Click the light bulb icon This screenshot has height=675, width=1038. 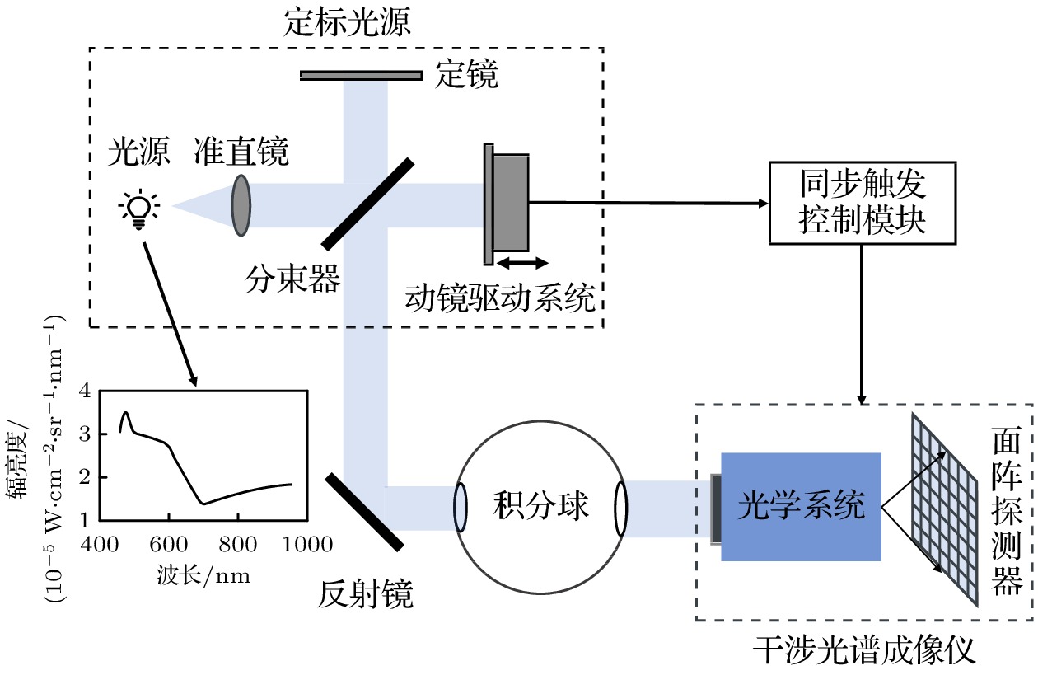coord(139,207)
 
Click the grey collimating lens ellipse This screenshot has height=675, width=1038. coord(241,204)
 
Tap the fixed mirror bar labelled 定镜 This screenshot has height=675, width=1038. coord(361,75)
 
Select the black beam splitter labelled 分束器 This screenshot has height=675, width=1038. coord(367,203)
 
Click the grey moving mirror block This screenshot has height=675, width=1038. coord(511,202)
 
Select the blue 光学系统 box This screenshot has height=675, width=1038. coord(801,506)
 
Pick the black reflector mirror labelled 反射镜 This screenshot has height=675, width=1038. coord(364,512)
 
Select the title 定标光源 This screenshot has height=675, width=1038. coord(347,22)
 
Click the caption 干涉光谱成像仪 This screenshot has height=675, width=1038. coord(864,651)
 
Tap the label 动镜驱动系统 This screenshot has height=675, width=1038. coord(500,298)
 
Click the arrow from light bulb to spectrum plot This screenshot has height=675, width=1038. coord(171,313)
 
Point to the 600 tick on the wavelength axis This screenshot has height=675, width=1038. coord(168,545)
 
